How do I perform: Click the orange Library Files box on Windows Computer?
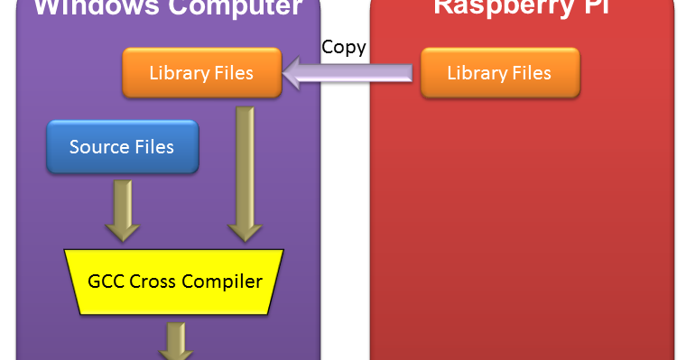click(x=201, y=72)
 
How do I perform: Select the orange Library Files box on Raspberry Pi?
click(x=499, y=72)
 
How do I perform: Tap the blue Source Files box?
click(x=122, y=146)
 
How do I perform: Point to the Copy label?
click(x=344, y=48)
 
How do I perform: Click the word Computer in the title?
click(x=236, y=7)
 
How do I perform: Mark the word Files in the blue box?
click(x=151, y=146)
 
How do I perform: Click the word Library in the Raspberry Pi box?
click(x=477, y=72)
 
